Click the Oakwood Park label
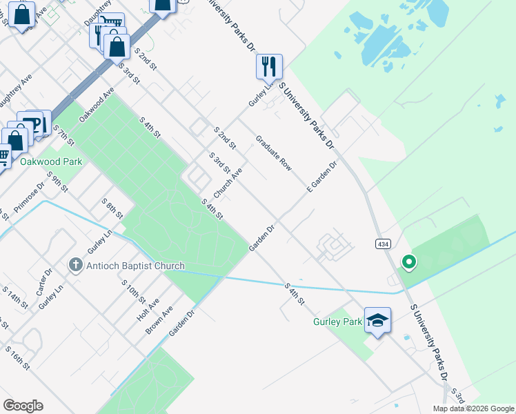click(x=51, y=161)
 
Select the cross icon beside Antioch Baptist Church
click(x=76, y=265)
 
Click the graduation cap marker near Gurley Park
click(x=377, y=319)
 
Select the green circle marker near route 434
click(x=409, y=262)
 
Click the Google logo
click(x=23, y=406)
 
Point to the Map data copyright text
click(x=473, y=408)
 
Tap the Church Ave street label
click(x=228, y=181)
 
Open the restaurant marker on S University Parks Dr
click(x=269, y=66)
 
